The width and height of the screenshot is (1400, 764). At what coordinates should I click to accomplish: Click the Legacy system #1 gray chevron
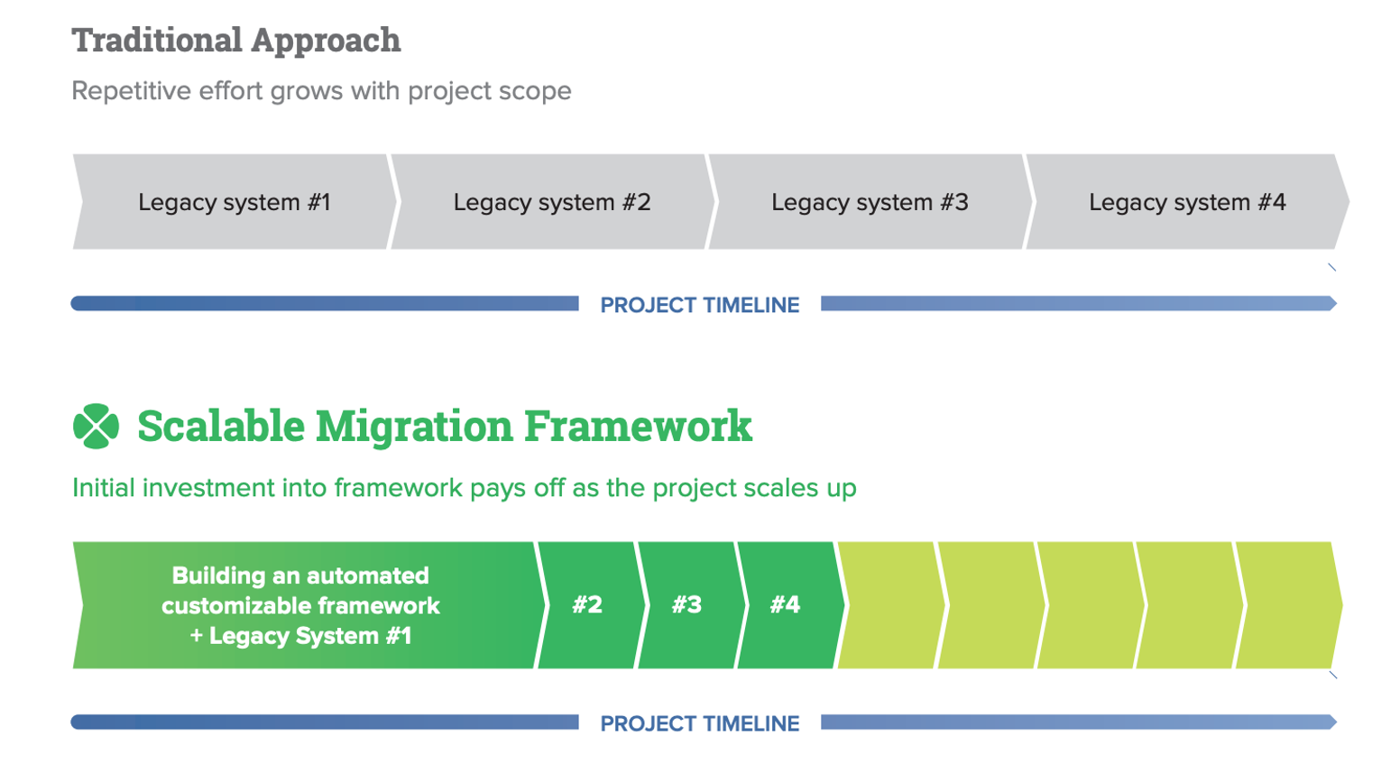[234, 202]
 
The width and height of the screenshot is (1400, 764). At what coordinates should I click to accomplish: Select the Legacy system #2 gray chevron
[551, 202]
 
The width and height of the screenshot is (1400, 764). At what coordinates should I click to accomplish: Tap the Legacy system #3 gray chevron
[869, 202]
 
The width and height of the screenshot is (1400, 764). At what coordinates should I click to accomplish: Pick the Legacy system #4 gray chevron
[1186, 202]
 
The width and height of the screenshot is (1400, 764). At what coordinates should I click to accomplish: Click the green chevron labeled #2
[587, 604]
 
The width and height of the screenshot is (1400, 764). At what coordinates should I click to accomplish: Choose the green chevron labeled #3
[686, 604]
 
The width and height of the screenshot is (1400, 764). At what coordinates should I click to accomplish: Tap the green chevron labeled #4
[786, 604]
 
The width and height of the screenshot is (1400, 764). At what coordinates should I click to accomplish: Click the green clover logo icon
[96, 426]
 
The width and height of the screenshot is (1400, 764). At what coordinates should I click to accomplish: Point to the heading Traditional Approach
[236, 40]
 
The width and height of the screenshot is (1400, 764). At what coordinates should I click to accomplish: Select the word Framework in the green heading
[638, 427]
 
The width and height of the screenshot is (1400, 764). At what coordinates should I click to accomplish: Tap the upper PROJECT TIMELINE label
[700, 305]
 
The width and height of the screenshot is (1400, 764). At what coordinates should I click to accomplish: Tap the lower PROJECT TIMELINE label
[700, 723]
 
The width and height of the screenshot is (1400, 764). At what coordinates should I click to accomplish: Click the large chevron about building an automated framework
[302, 604]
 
